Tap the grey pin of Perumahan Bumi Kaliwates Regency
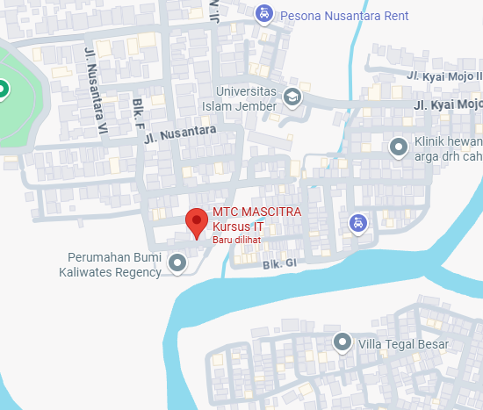(178, 263)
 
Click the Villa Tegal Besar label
(403, 342)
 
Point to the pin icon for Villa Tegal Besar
(342, 342)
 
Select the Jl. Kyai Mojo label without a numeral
(448, 105)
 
